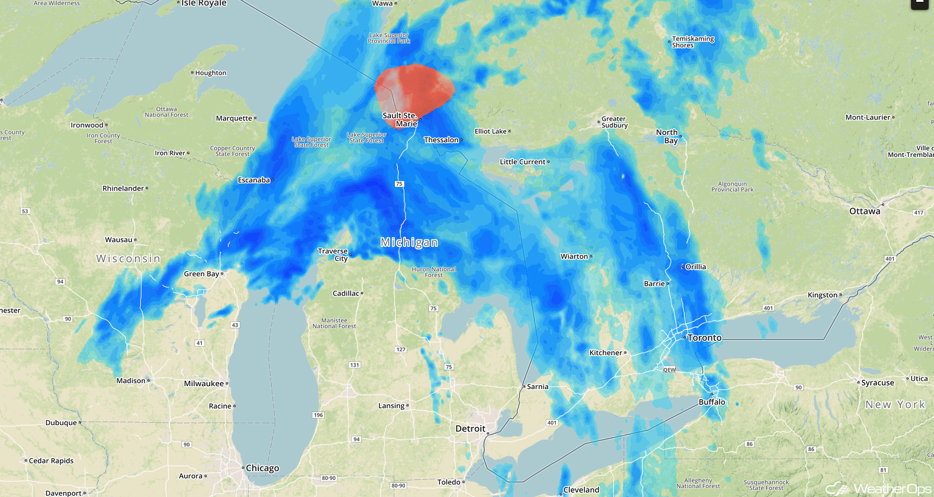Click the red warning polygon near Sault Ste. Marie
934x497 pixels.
[x=416, y=88]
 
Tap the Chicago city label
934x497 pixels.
[x=262, y=468]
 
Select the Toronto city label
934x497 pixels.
[x=704, y=338]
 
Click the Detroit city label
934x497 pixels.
[x=470, y=429]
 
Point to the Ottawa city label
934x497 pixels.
[x=864, y=211]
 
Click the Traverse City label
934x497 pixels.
[x=333, y=255]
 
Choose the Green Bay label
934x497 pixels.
[x=201, y=274]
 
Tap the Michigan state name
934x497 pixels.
[x=409, y=242]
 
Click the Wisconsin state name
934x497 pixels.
[x=128, y=259]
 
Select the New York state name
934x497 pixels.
[x=895, y=404]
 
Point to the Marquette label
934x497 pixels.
[x=234, y=118]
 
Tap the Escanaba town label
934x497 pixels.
[x=253, y=180]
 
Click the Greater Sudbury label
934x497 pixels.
[x=614, y=122]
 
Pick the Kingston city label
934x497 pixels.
[x=822, y=295]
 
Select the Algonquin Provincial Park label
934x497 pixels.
[x=732, y=186]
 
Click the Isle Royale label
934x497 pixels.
[x=204, y=4]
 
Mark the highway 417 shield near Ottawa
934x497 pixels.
[x=919, y=212]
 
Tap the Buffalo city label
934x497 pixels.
[x=712, y=402]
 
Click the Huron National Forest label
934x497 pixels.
[x=434, y=272]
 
